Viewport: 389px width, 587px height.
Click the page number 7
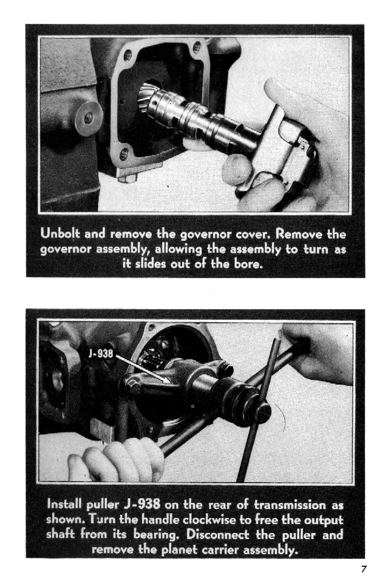(364, 569)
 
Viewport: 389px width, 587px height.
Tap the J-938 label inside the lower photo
(101, 353)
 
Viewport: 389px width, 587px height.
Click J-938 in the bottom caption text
(142, 504)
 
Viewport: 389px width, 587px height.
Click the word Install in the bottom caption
(65, 504)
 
